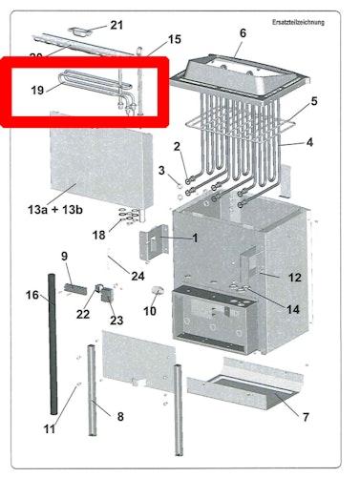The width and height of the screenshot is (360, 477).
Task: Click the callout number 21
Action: pyautogui.click(x=116, y=24)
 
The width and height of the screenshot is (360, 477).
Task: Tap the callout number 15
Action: pyautogui.click(x=173, y=39)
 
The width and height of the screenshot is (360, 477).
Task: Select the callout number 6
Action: pyautogui.click(x=243, y=32)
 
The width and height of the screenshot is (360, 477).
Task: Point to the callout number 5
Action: pyautogui.click(x=314, y=100)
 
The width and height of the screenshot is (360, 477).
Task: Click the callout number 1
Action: pyautogui.click(x=195, y=238)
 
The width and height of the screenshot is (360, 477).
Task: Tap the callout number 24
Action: pyautogui.click(x=138, y=277)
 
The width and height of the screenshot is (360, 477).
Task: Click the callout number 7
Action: pyautogui.click(x=306, y=417)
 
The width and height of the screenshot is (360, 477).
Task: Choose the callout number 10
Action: pyautogui.click(x=149, y=311)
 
